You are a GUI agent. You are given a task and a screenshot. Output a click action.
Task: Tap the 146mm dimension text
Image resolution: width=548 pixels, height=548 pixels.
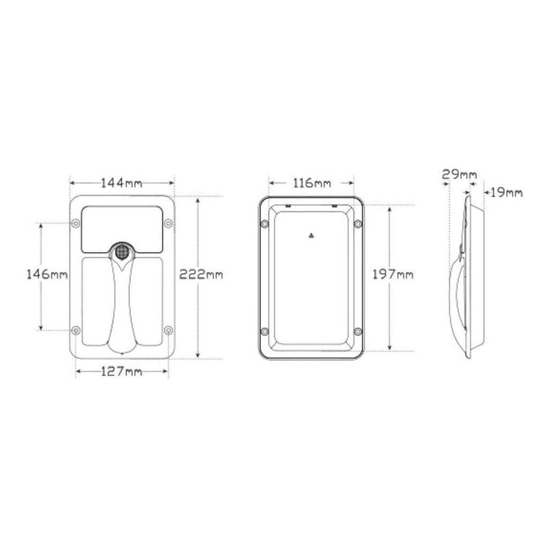pos(47,275)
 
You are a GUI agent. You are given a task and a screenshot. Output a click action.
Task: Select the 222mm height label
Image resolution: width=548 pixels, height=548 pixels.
pos(201,275)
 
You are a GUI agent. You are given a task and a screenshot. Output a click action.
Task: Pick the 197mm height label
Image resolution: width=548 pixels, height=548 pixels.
pos(390,275)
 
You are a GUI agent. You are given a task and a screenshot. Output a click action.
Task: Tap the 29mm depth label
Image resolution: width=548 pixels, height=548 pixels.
pos(459,175)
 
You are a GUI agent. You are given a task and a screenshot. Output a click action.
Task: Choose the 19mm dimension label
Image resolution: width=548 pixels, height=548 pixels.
pos(505,194)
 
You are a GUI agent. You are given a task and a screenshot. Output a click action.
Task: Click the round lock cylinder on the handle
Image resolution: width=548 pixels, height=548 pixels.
pos(122,251)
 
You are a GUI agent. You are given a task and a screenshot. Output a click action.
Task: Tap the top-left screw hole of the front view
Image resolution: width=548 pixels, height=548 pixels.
pos(75,222)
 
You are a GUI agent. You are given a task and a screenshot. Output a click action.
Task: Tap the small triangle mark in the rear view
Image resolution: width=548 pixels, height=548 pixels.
pos(311,235)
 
